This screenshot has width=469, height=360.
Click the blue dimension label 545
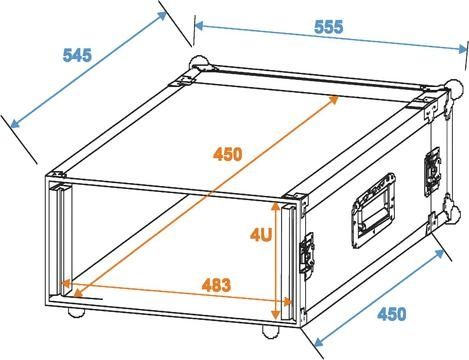click(x=77, y=55)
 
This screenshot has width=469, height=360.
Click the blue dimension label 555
click(x=328, y=27)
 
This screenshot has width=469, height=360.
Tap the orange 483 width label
click(x=216, y=285)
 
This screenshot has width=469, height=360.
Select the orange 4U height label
click(x=261, y=235)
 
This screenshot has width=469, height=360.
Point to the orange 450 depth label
click(x=228, y=154)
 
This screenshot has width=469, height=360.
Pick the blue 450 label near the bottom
click(x=392, y=314)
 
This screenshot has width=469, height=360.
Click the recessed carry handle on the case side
click(x=375, y=210)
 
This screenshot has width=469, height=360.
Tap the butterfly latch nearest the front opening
click(x=307, y=253)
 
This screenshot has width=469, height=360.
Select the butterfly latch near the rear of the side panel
click(x=432, y=172)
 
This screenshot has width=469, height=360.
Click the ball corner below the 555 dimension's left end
click(x=199, y=63)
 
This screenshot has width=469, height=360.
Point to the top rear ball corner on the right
click(x=455, y=88)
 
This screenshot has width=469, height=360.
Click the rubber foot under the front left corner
click(x=76, y=312)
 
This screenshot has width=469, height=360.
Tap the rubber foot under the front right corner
click(x=271, y=332)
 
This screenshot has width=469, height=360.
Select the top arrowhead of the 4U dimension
click(x=275, y=206)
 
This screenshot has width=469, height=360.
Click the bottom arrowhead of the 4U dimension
click(x=275, y=314)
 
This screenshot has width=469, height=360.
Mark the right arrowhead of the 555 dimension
click(x=463, y=49)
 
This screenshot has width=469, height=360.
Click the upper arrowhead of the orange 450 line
click(x=333, y=100)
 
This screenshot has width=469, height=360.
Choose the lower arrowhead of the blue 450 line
click(x=319, y=341)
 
